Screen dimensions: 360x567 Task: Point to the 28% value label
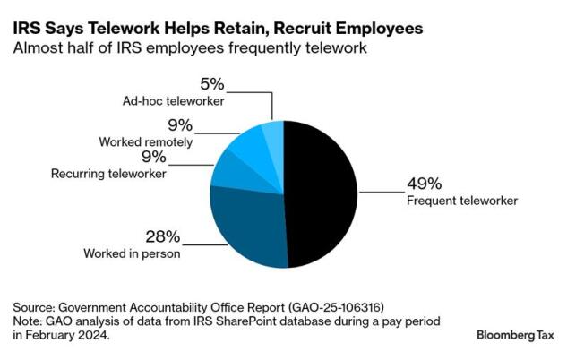point(163,236)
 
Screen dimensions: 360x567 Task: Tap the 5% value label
point(211,86)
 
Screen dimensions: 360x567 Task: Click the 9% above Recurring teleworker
point(153,158)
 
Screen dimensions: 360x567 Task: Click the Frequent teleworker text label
point(462,201)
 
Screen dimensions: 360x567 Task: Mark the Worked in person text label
point(133,254)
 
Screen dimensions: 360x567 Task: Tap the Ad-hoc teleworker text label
point(174,102)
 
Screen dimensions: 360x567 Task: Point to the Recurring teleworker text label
point(109,174)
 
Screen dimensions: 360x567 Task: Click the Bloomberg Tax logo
point(514,334)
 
